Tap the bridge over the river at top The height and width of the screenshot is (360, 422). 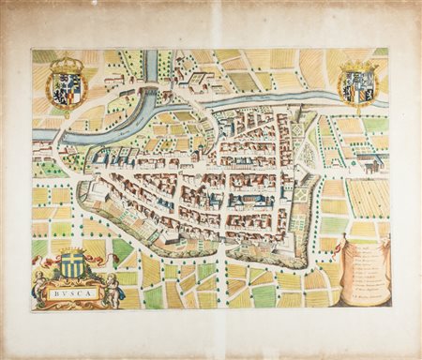pyautogui.click(x=148, y=89)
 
